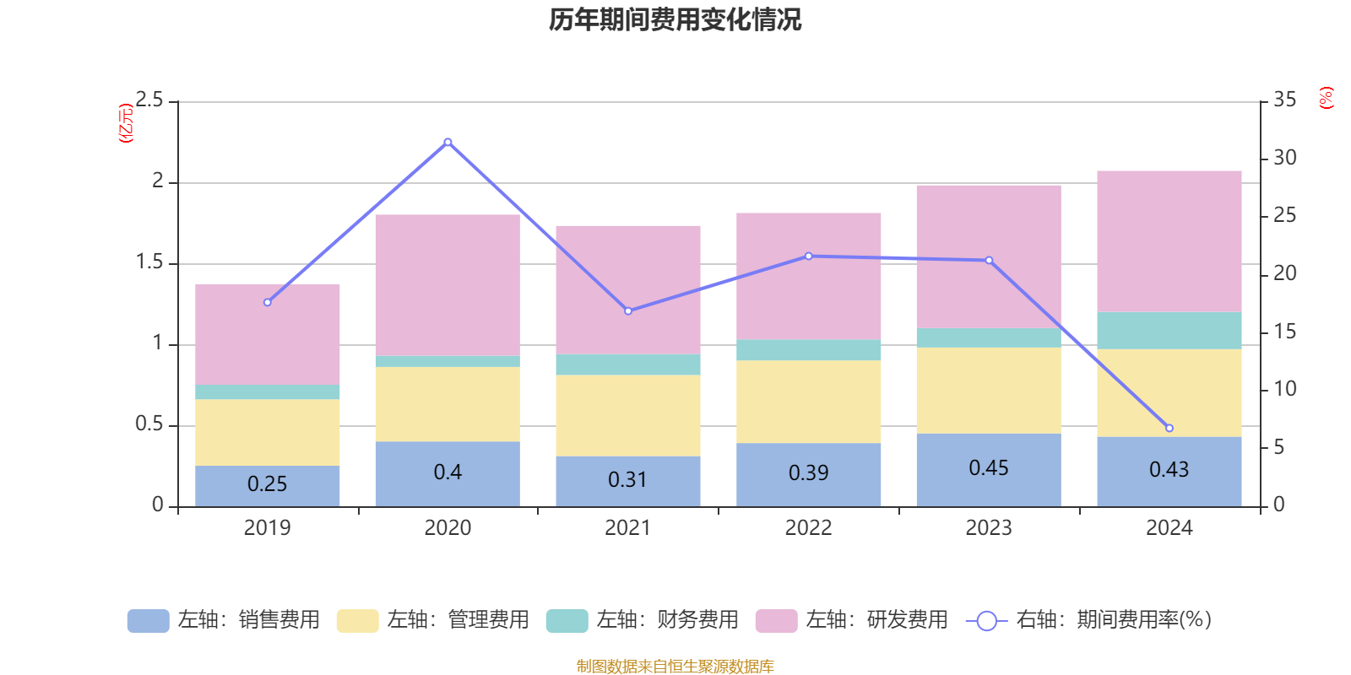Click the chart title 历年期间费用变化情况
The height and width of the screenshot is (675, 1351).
click(x=675, y=19)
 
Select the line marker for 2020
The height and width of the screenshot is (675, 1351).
click(x=448, y=142)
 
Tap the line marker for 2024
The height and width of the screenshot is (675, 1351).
click(x=1169, y=428)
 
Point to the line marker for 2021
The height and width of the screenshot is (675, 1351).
click(x=628, y=311)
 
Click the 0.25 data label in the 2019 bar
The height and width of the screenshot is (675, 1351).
click(x=267, y=484)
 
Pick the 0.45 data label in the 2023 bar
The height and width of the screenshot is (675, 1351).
click(x=989, y=468)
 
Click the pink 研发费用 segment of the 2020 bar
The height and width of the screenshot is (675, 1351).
click(x=448, y=284)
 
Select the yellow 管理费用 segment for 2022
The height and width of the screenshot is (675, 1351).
click(x=809, y=402)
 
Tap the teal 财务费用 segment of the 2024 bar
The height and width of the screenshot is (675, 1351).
click(x=1169, y=331)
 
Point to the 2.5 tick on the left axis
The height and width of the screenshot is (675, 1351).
click(x=150, y=100)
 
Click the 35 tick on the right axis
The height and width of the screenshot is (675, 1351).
click(x=1284, y=100)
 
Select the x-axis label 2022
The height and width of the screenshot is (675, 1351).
click(x=809, y=528)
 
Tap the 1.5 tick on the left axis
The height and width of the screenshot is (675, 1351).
click(x=150, y=262)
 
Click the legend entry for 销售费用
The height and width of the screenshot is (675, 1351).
click(x=225, y=620)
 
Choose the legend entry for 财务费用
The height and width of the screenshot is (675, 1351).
click(x=643, y=620)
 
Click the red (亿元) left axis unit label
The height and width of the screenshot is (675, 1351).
click(x=126, y=123)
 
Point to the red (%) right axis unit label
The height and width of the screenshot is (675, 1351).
click(x=1326, y=98)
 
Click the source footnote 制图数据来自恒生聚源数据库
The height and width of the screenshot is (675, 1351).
click(x=675, y=667)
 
